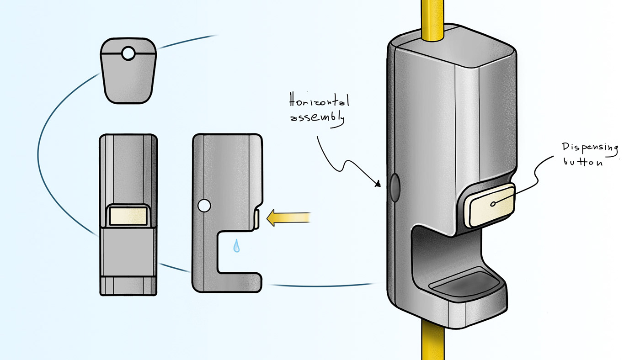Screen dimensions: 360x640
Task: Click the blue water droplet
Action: tap(236, 246)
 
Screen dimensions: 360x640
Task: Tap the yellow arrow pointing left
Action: tap(288, 217)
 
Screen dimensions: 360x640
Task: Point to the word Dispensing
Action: tap(590, 148)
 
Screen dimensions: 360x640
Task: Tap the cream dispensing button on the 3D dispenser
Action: tap(489, 205)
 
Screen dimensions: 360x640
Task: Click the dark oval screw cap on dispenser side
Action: tap(394, 187)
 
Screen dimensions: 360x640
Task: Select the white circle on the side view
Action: tap(204, 206)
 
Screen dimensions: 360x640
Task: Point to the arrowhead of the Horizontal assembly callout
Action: tap(378, 185)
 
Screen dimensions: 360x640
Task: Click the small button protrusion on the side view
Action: tap(257, 218)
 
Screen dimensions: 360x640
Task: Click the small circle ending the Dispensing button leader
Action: tap(493, 204)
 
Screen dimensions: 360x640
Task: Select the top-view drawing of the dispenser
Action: tap(128, 71)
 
